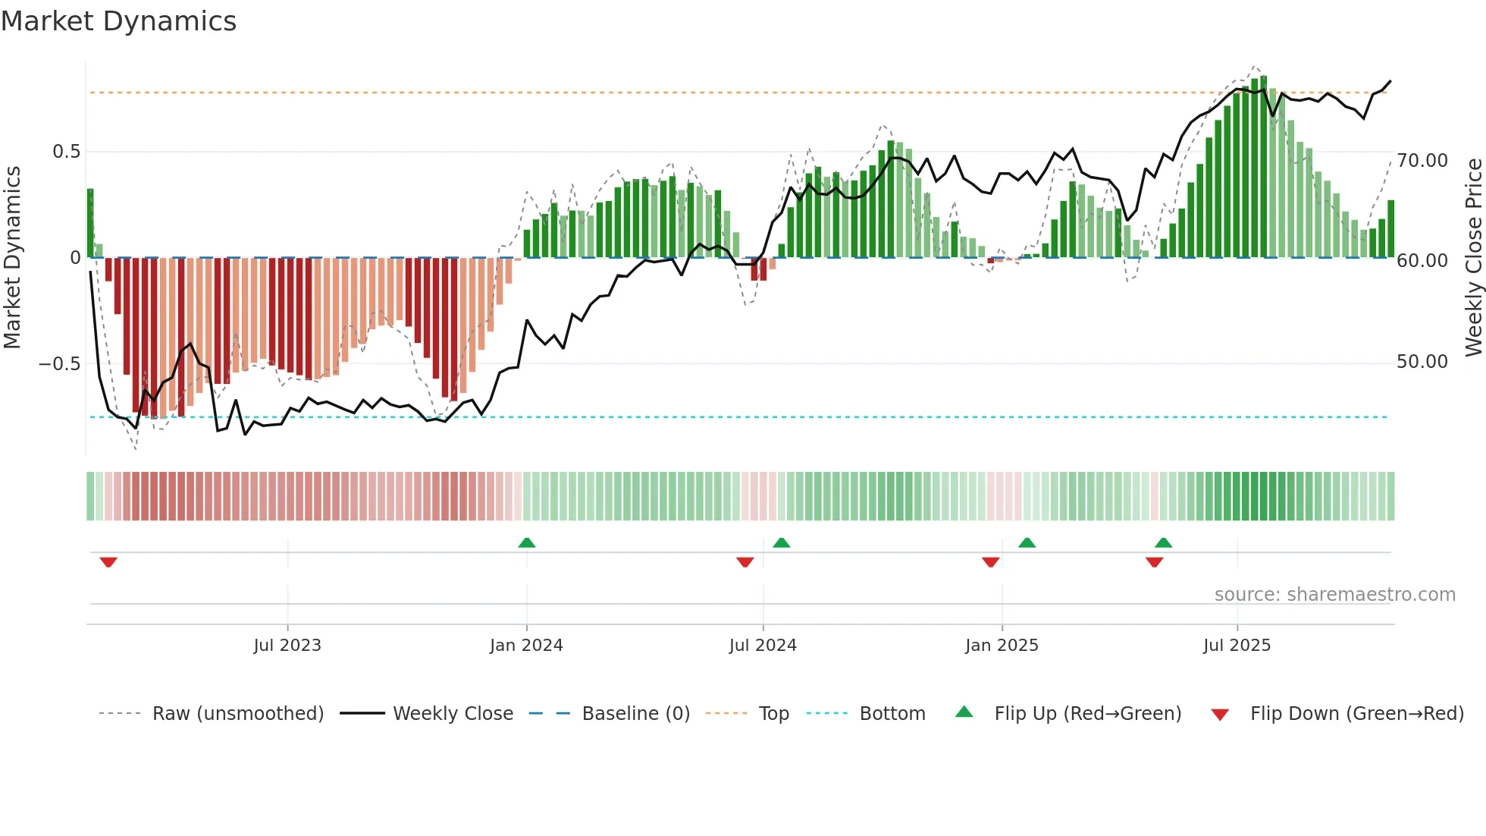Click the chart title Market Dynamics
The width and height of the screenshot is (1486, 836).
118,21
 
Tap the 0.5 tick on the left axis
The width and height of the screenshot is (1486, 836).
66,152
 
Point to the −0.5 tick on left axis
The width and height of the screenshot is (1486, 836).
59,363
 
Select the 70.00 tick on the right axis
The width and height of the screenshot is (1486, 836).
1422,161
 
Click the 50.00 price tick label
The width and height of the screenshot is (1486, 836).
1422,362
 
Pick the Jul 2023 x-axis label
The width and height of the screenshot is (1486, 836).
287,646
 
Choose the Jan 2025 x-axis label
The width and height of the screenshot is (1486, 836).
1002,646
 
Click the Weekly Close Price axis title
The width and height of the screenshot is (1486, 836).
1473,257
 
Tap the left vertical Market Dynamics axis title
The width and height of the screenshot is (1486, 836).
12,257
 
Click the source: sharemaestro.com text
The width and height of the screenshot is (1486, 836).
1334,595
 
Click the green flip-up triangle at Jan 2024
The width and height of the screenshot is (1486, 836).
527,542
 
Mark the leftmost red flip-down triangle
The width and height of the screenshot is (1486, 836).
108,562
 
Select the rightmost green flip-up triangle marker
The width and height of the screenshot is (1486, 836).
1163,542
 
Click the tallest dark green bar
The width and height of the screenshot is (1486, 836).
1263,167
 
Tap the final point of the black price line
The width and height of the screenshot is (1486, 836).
1390,81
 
